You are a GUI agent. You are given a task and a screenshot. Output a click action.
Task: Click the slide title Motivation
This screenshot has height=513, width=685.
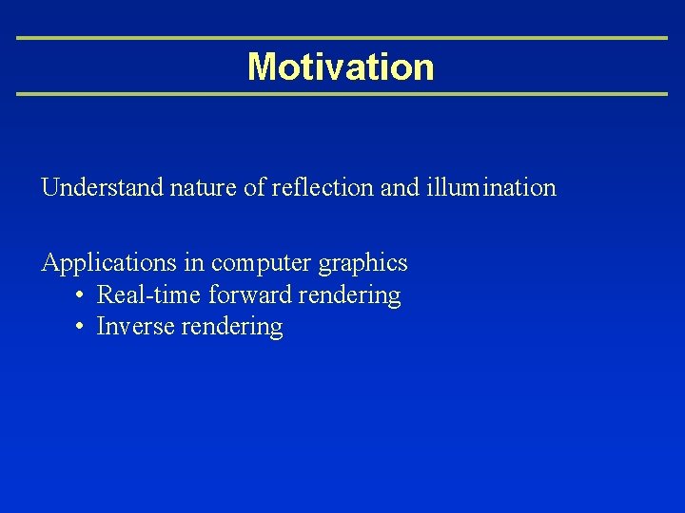(341, 66)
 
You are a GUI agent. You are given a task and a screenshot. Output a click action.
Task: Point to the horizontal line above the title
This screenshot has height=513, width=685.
(342, 38)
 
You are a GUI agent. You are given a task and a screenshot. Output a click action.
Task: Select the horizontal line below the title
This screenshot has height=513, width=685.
(342, 94)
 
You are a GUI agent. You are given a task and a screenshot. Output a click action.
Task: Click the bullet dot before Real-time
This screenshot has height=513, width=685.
(80, 295)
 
